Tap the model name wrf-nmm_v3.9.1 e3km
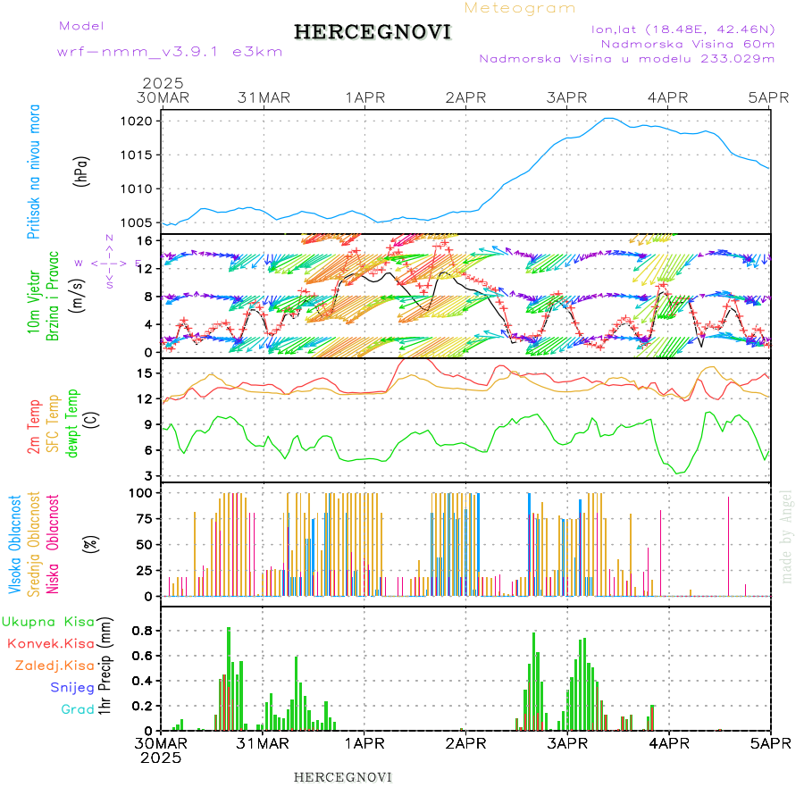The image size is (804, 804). [x=170, y=52]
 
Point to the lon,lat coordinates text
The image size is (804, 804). [x=683, y=29]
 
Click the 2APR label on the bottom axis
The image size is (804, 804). [x=465, y=743]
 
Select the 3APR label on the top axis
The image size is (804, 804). [x=566, y=97]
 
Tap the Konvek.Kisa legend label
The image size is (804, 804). [x=50, y=643]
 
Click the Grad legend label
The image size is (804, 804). [x=78, y=709]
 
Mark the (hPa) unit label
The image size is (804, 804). [x=83, y=170]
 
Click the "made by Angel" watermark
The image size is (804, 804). [x=786, y=536]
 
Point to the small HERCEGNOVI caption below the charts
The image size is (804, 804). [x=343, y=776]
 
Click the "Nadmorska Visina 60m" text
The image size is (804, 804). [x=687, y=44]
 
